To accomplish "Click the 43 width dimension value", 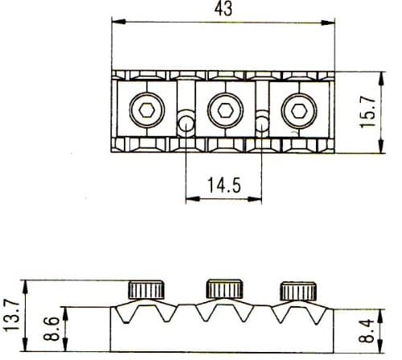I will [x=223, y=10].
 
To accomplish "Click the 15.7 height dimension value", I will [x=368, y=113].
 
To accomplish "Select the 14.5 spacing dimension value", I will [x=223, y=186].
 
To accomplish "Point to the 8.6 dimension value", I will [x=49, y=328].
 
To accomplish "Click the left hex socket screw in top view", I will [x=147, y=110].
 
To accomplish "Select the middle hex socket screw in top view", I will [x=222, y=110].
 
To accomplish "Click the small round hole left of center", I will [x=186, y=124].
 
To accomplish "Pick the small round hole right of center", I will [x=261, y=124].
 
